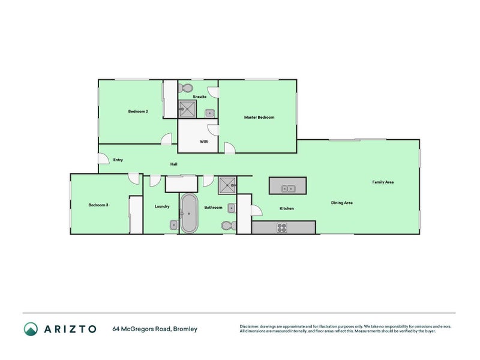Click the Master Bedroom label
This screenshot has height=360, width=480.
(x=259, y=117)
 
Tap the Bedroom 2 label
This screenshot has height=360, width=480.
(x=138, y=111)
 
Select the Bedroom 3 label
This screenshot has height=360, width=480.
(x=98, y=205)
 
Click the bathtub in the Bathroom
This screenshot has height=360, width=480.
(x=190, y=213)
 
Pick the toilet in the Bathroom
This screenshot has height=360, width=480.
(x=226, y=226)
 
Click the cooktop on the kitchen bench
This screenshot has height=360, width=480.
(x=281, y=227)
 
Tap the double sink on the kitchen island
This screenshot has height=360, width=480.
(x=288, y=188)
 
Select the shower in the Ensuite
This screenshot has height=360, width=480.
(x=188, y=109)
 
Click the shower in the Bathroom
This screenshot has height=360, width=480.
(x=227, y=185)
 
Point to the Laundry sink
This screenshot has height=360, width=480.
(x=173, y=225)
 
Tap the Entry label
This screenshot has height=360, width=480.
(x=118, y=160)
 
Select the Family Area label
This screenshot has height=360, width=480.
(x=383, y=182)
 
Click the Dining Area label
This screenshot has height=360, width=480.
(x=341, y=203)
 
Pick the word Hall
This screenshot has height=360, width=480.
(x=173, y=164)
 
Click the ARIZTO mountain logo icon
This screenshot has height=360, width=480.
(x=31, y=328)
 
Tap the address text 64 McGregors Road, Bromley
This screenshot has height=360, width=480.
(x=155, y=329)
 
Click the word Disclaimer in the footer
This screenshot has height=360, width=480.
(x=250, y=326)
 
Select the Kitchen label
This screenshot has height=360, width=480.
(x=287, y=208)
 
